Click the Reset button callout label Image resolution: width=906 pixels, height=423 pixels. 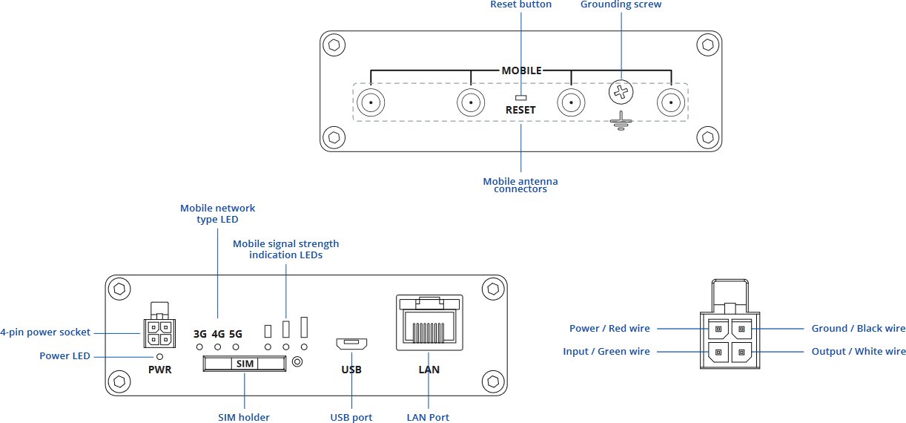520,4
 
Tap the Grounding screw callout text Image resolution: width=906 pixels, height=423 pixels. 621,4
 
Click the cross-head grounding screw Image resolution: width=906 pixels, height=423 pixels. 621,93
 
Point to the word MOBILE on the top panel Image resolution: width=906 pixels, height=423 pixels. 521,71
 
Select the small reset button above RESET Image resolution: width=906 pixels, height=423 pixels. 520,97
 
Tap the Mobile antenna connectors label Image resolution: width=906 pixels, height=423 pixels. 520,185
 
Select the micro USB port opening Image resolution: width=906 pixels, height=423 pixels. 351,344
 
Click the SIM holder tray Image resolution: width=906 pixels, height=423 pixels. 244,364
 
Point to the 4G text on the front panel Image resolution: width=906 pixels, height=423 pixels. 218,333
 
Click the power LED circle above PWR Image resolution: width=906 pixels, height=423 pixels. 159,356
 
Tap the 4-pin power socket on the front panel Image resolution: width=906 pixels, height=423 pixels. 159,332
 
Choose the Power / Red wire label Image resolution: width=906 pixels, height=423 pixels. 609,328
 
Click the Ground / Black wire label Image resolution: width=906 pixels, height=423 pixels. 858,328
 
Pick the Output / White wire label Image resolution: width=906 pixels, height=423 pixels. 858,351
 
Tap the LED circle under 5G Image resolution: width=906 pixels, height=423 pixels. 236,347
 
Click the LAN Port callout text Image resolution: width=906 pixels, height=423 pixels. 428,417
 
